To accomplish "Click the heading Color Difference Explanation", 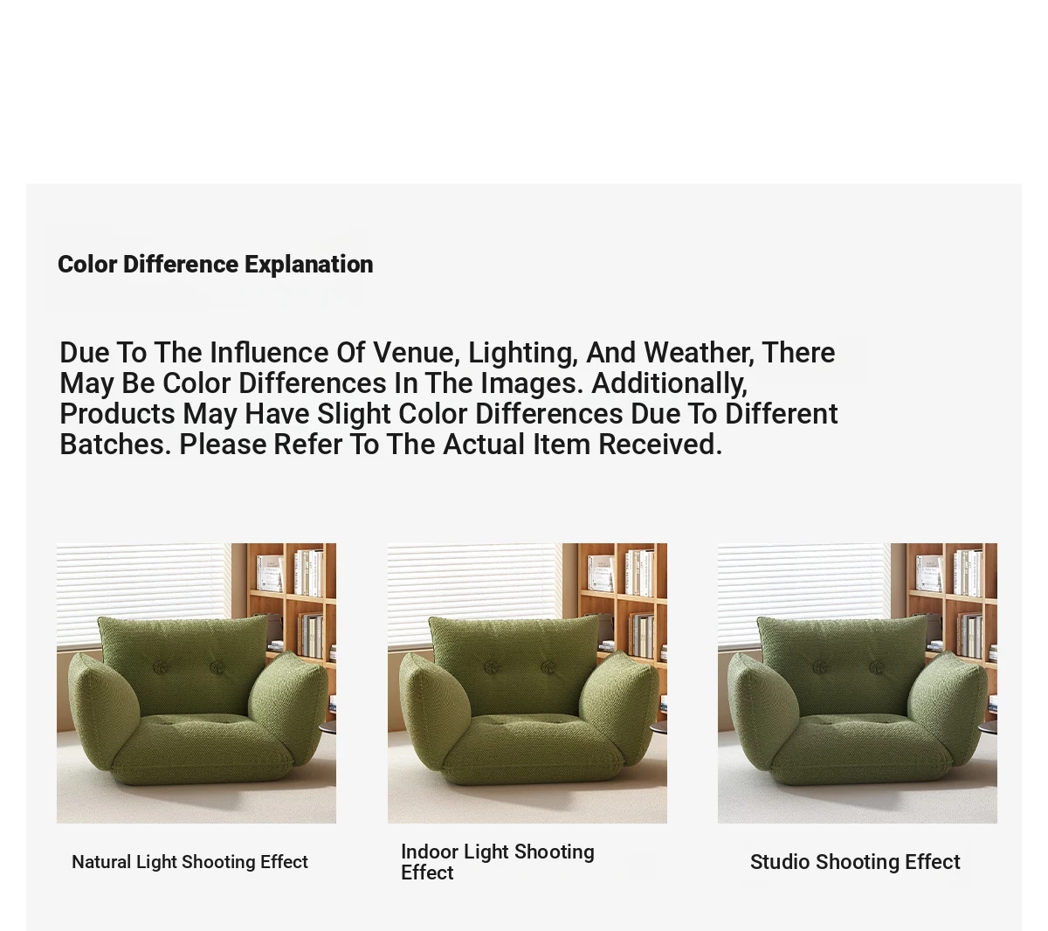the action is (215, 265).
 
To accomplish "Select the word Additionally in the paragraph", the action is (670, 383).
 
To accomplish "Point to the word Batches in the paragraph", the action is (115, 445).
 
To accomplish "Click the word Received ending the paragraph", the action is (660, 445).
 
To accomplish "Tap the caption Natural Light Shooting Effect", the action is (190, 862).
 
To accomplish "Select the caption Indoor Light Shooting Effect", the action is (498, 862).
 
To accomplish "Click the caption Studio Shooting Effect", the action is (855, 862).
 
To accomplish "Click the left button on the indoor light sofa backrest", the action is (492, 668).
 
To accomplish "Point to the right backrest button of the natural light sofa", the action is (217, 668).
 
